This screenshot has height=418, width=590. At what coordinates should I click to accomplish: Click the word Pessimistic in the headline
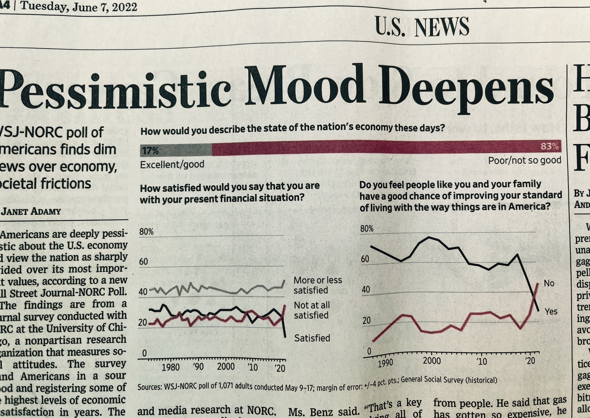[115, 89]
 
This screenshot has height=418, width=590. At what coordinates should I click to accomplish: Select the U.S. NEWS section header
[422, 27]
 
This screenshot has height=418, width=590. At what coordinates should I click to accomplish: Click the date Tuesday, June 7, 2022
[79, 7]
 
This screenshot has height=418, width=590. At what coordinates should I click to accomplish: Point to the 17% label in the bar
[150, 151]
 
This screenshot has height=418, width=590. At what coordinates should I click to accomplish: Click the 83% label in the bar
[549, 146]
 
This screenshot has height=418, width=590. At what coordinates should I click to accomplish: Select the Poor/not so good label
[524, 160]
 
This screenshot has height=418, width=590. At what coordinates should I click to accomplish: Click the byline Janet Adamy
[31, 211]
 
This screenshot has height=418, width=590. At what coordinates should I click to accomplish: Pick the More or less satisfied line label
[317, 285]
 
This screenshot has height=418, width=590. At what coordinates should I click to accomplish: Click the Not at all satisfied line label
[311, 310]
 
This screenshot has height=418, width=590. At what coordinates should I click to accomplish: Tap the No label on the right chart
[549, 283]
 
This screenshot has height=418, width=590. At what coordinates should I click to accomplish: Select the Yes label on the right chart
[551, 311]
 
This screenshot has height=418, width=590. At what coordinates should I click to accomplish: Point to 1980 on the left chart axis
[170, 367]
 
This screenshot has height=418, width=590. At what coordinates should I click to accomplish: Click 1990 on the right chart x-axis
[385, 363]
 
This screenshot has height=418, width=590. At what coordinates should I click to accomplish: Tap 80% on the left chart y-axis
[146, 232]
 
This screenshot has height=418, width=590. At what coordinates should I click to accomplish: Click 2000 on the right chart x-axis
[432, 361]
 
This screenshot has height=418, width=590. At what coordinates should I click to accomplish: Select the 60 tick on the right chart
[365, 259]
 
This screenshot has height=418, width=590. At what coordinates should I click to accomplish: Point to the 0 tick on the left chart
[144, 353]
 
